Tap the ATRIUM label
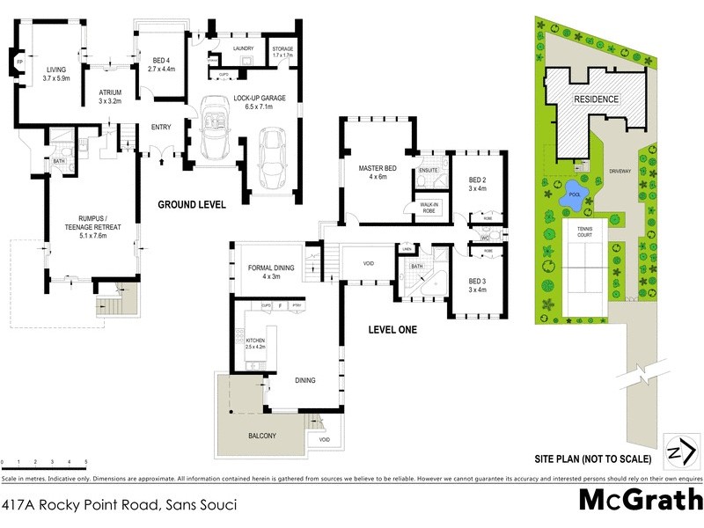110,92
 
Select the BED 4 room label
161,59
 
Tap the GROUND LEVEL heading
192,204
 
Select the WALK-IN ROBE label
429,207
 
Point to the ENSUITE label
429,169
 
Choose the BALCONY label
262,436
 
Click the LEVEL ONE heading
392,330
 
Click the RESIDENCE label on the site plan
596,99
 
